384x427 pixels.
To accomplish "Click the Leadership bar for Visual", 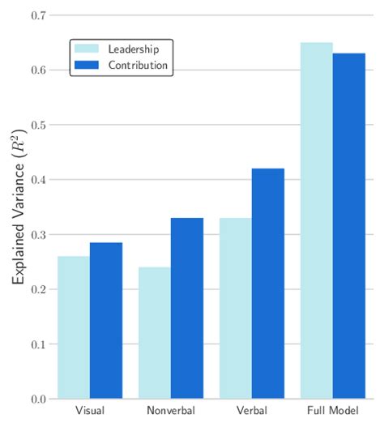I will click(x=74, y=327).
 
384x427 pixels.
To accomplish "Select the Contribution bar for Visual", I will click(x=106, y=321).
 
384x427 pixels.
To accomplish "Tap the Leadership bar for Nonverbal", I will click(x=155, y=333).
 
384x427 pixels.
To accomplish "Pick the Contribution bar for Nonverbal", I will click(x=187, y=309).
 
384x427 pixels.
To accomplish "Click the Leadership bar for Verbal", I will click(x=236, y=309).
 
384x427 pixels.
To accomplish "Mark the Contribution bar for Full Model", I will click(x=349, y=226).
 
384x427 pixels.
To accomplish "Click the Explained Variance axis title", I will click(x=18, y=207).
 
